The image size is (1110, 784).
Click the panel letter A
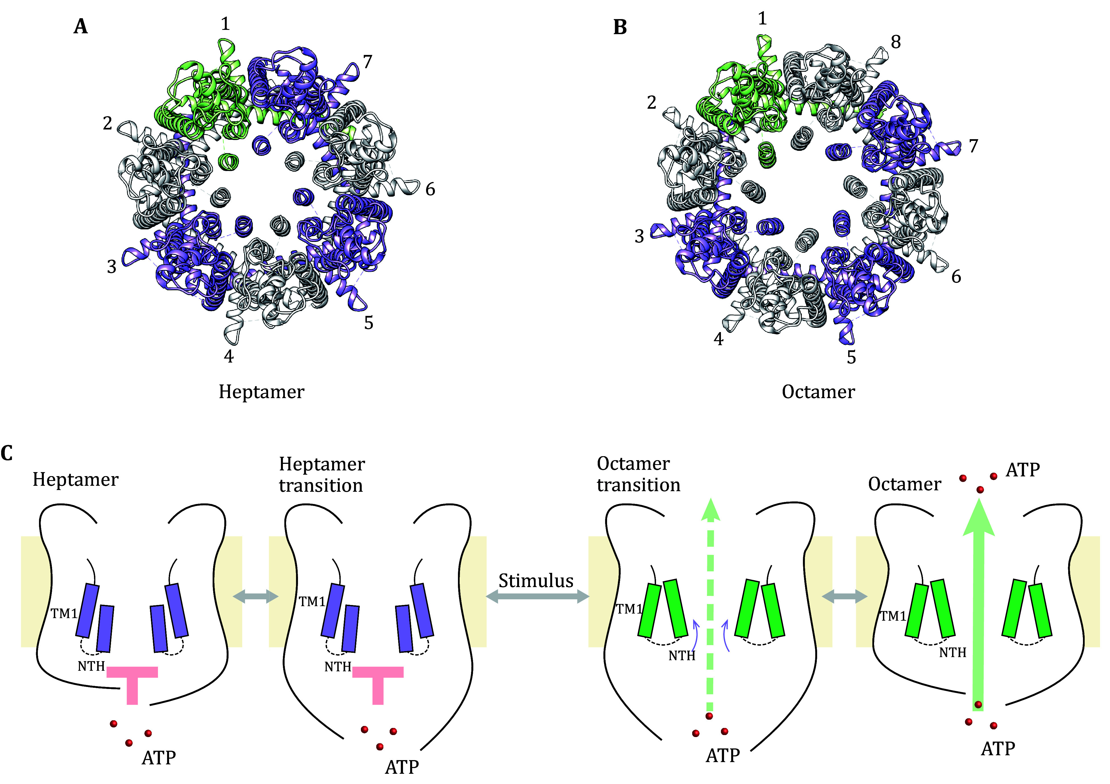(x=81, y=26)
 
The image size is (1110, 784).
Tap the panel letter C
(x=7, y=453)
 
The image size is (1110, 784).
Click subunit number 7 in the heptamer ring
(x=367, y=62)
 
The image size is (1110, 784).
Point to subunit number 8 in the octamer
(x=895, y=42)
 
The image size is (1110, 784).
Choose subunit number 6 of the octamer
(x=956, y=277)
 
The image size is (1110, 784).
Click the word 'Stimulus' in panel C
(x=536, y=581)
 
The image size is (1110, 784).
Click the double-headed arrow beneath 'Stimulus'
(x=536, y=597)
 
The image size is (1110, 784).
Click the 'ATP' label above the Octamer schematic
(x=1023, y=470)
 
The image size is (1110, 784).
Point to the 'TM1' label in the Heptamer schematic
(x=64, y=614)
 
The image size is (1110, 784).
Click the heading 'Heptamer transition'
(x=322, y=475)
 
